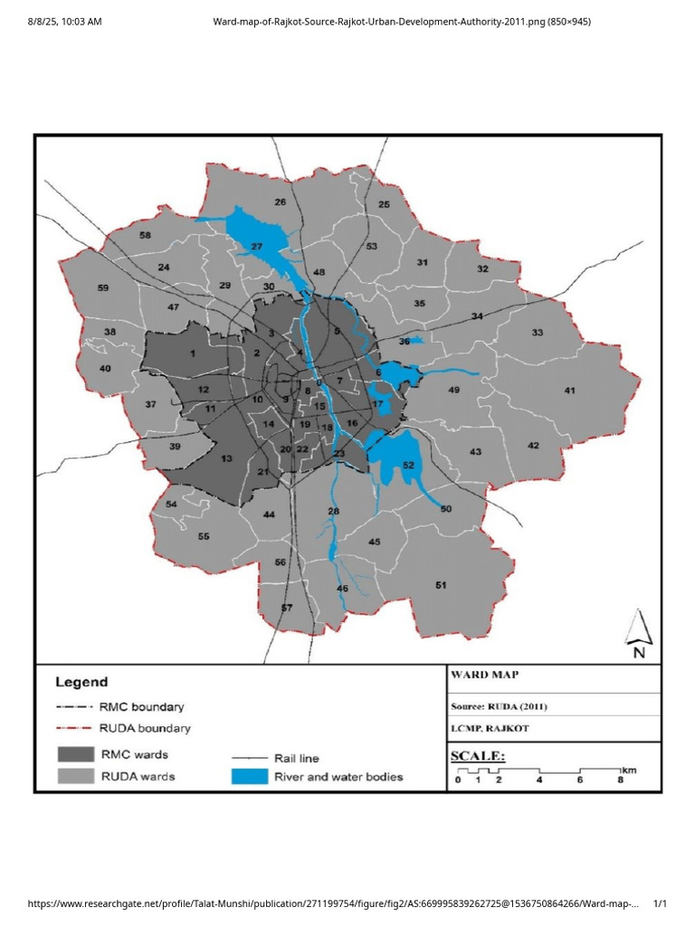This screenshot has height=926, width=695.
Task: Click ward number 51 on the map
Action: pos(441,585)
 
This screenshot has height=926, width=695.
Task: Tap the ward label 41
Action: pos(569,391)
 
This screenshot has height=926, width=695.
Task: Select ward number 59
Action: pos(103,288)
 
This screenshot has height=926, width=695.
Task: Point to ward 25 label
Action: pos(384,204)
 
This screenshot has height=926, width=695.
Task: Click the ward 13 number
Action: pos(226,459)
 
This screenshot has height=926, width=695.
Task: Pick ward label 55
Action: pos(204,536)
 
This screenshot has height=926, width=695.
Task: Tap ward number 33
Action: pos(538,333)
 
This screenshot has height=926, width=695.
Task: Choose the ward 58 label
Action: pos(145,235)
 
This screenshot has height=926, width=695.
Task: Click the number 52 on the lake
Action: pos(408,465)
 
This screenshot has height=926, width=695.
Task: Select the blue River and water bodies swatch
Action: pos(250,776)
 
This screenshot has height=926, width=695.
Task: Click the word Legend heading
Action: pos(81,683)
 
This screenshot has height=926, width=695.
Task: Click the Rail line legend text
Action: pos(296,758)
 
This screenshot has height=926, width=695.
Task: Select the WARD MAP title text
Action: pos(484,674)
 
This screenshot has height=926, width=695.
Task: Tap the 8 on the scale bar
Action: pos(621,779)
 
